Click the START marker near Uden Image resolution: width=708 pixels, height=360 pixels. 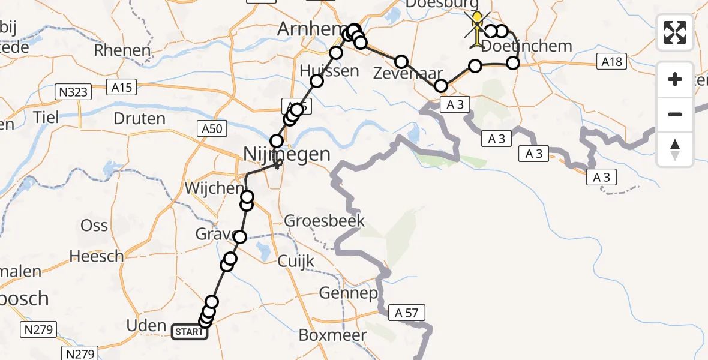tap(190, 331)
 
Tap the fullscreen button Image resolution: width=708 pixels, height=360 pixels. tap(675, 32)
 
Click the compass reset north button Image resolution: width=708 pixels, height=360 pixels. tap(675, 149)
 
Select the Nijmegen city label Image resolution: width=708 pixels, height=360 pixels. tap(287, 154)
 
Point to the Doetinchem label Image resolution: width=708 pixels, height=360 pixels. tap(527, 46)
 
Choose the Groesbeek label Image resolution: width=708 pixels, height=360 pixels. tap(324, 221)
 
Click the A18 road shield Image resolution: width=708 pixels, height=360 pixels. tap(611, 61)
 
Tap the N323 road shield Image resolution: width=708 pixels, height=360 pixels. tap(73, 92)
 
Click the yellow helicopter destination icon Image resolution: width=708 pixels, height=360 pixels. tap(476, 28)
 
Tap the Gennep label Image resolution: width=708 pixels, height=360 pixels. tap(348, 293)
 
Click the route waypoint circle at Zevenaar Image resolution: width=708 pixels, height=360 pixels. tap(441, 86)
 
